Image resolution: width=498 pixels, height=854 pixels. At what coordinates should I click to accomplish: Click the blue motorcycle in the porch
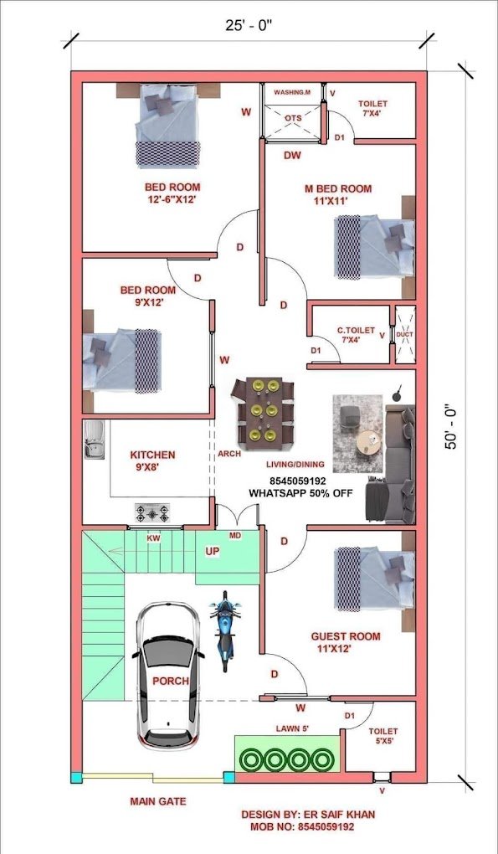click(224, 630)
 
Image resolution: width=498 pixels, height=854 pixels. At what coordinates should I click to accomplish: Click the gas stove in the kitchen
click(151, 510)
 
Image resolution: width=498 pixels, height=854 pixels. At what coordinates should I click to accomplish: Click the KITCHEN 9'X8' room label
click(152, 461)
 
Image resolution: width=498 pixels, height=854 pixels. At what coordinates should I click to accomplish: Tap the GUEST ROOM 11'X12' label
click(346, 642)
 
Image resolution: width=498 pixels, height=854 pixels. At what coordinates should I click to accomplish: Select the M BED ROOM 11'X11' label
click(338, 194)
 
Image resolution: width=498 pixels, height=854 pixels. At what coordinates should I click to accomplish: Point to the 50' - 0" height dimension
click(453, 427)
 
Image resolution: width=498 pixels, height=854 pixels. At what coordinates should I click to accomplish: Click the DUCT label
click(404, 334)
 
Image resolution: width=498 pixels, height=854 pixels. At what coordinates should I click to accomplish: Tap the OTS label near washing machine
click(292, 118)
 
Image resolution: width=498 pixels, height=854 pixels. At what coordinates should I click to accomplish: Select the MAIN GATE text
click(158, 801)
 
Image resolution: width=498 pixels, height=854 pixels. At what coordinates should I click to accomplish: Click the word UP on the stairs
click(213, 552)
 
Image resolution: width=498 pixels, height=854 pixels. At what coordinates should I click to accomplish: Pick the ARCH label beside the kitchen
click(228, 454)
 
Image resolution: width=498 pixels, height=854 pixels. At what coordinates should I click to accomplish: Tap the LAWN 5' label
click(293, 729)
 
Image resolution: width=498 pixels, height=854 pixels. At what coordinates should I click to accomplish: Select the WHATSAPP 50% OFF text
click(300, 493)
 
